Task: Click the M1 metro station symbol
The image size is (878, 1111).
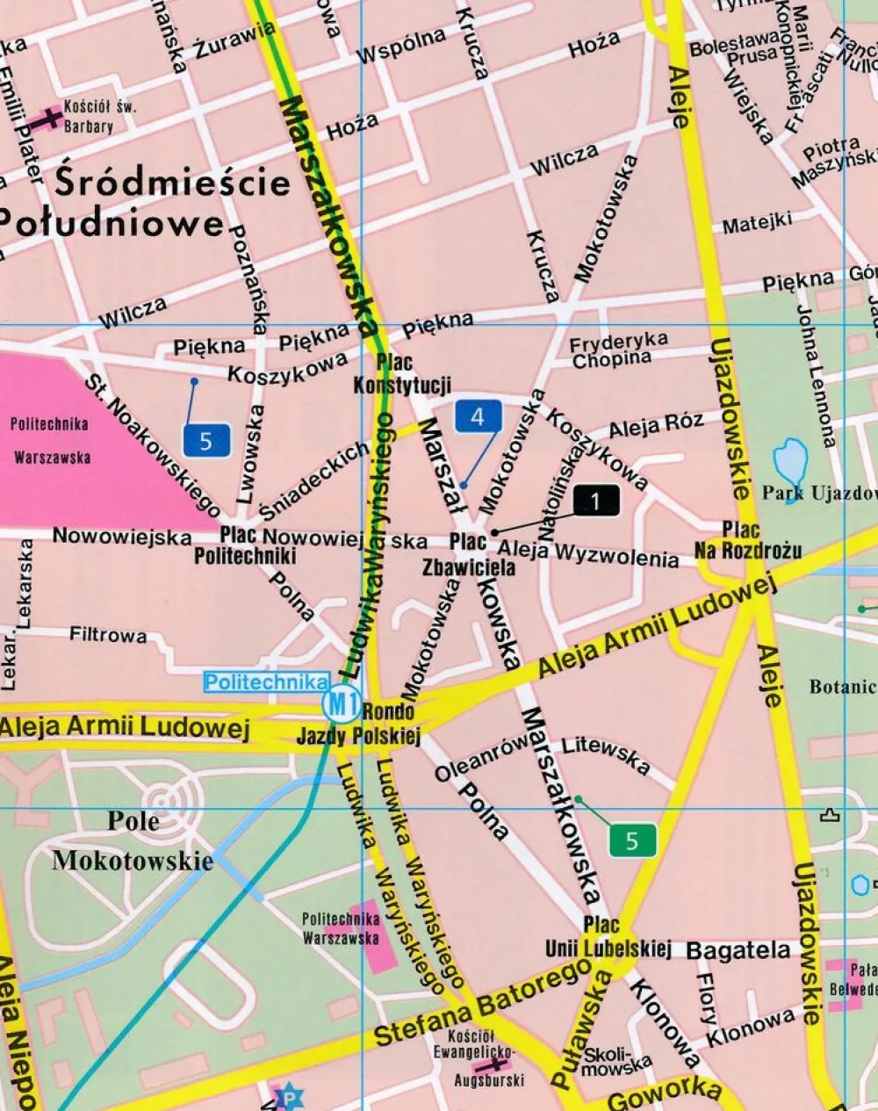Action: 341,703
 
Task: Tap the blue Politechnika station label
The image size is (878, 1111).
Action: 267,682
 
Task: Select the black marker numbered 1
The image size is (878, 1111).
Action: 596,501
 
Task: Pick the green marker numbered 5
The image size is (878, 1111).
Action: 632,840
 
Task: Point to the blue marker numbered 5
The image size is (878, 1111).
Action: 206,440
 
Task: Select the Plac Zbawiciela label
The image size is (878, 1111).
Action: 469,555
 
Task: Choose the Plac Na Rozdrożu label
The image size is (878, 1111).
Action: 747,540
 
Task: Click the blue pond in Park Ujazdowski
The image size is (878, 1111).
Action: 790,460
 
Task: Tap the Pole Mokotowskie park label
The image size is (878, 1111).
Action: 133,840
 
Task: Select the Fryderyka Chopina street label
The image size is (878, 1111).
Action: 617,350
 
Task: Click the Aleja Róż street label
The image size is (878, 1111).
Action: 655,426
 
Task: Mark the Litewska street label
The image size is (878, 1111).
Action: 606,755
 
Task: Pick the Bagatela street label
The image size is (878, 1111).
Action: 738,950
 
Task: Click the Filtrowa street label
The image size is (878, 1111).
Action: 108,634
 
